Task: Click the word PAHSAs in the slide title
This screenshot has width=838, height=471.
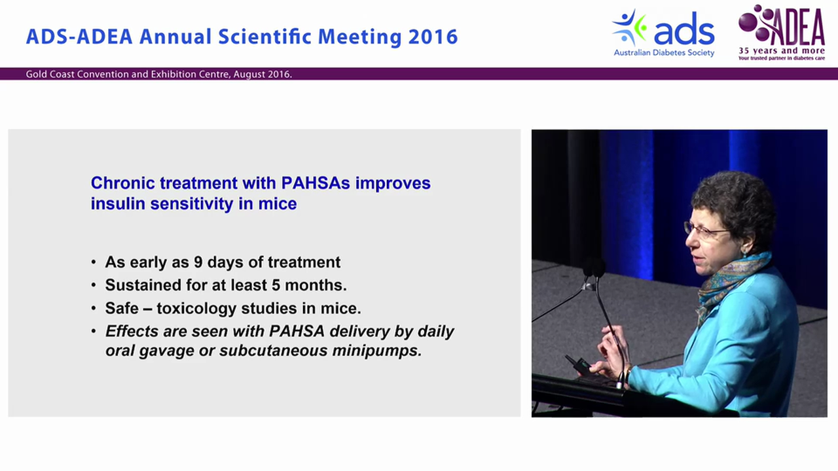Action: (x=316, y=183)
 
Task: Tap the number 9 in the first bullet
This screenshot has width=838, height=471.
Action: (x=198, y=262)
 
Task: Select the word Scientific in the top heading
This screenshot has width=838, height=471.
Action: (x=265, y=37)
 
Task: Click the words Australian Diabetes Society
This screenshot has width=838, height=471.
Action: (x=664, y=53)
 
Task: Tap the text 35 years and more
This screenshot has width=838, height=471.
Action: (x=782, y=51)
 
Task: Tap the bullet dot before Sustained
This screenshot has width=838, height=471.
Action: (x=94, y=286)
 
